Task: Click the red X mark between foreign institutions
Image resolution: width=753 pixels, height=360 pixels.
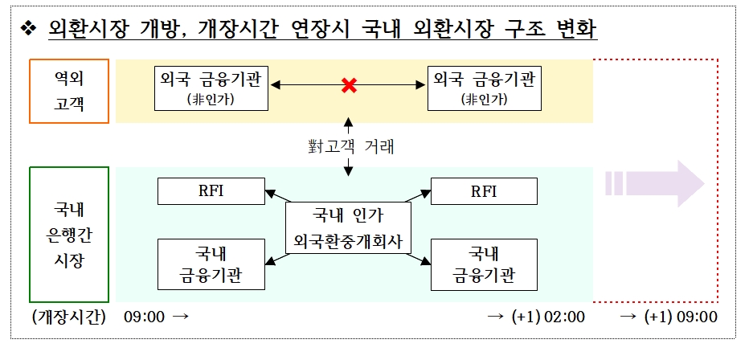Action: pos(349,85)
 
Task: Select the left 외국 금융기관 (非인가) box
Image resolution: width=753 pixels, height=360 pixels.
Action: pos(212,88)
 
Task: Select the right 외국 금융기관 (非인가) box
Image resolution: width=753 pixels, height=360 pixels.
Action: pos(484,88)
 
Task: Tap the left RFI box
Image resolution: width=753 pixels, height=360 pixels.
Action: pos(211,191)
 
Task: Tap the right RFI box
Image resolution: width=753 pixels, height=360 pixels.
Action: pos(484,191)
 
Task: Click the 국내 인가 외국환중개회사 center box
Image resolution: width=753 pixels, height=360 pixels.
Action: pos(348,227)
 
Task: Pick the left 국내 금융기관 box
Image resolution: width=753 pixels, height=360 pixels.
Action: pos(211,264)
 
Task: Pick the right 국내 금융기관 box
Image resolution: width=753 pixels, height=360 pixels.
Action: pos(484,264)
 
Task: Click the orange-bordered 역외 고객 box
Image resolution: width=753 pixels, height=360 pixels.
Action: pos(68,90)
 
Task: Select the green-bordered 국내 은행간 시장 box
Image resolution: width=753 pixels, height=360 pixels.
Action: pos(68,234)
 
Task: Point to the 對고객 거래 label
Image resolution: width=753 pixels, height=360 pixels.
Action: pos(349,147)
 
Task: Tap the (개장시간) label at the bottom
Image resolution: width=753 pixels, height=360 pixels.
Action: pos(69,317)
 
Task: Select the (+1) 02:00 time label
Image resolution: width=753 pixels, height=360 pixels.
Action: pos(546,317)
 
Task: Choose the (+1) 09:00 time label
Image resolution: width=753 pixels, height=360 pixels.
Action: pos(680,317)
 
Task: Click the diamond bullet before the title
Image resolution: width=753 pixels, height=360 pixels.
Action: pos(30,31)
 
